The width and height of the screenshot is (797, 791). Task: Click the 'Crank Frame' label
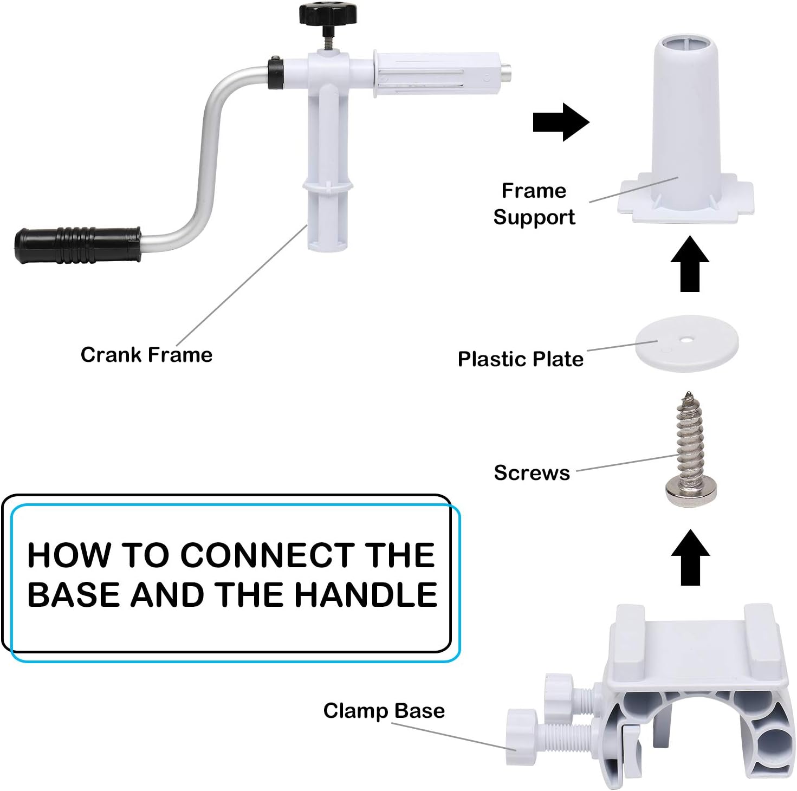tap(146, 355)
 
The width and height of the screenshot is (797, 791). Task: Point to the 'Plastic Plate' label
tap(520, 359)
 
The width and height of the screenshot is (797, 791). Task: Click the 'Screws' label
tap(532, 473)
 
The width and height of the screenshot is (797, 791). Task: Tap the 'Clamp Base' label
tap(384, 711)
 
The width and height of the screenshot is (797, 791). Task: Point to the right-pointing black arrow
tap(561, 122)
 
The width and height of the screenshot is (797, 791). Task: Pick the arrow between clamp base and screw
tap(690, 557)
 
